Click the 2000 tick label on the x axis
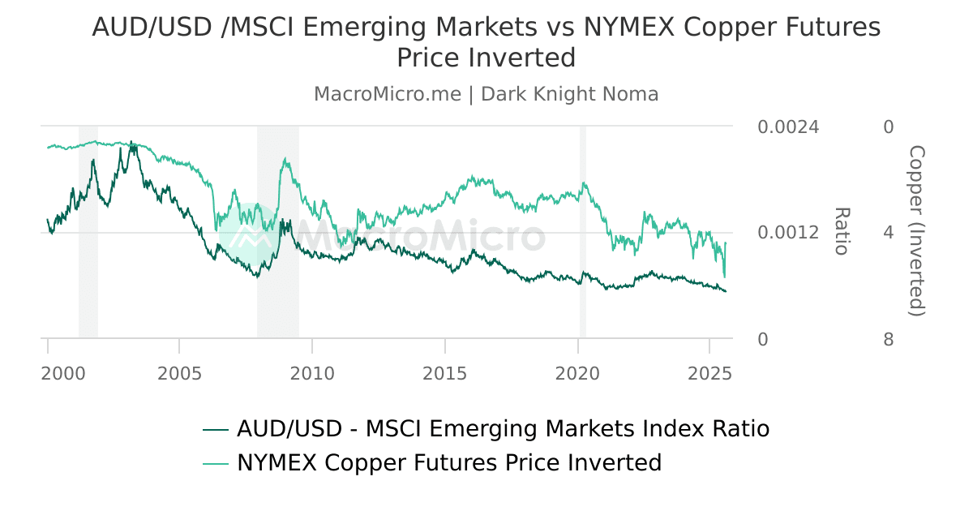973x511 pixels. point(63,374)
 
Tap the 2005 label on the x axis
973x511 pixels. point(179,374)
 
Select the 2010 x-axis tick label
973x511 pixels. point(312,374)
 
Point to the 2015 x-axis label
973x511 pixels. point(444,374)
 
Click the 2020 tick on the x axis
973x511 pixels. point(577,374)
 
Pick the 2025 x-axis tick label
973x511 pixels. point(709,374)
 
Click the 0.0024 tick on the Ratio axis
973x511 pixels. point(788,127)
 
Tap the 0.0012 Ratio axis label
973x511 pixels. point(788,233)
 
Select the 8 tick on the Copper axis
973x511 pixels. point(889,339)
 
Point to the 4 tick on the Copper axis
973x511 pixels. point(889,233)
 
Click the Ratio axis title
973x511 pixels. point(842,231)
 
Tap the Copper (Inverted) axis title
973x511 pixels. point(916,231)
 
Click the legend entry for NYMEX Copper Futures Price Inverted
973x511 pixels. point(449,463)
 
